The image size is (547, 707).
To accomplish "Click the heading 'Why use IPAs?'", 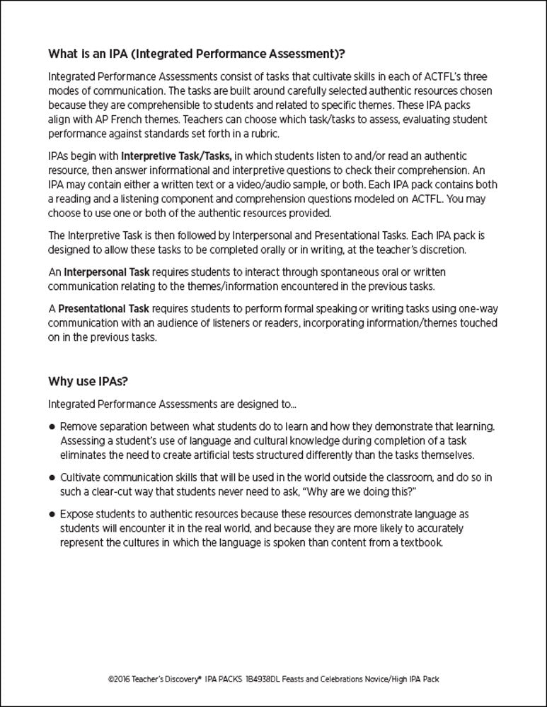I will click(87, 382).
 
